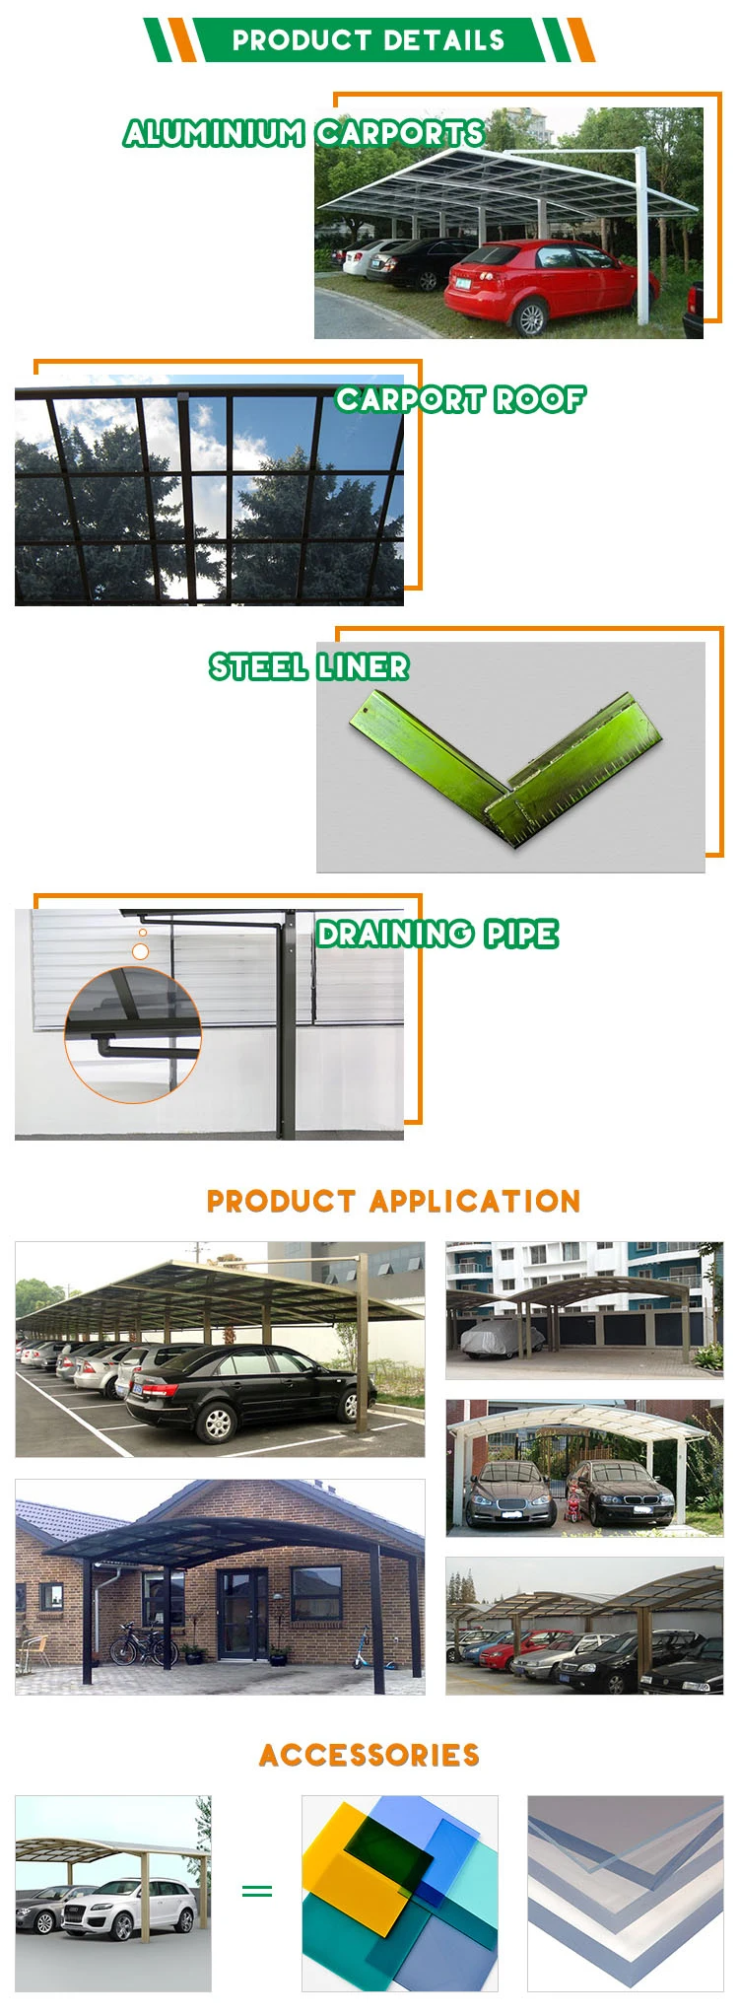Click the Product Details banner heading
click(x=369, y=40)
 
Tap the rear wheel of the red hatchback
click(x=531, y=317)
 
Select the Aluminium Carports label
click(x=304, y=133)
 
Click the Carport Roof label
click(x=460, y=399)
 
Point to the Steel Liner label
click(x=308, y=667)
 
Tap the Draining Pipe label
click(x=437, y=935)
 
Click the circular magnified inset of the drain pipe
click(x=133, y=1034)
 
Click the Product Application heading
click(x=393, y=1201)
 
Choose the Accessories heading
click(x=369, y=1755)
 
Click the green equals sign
click(x=257, y=1890)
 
